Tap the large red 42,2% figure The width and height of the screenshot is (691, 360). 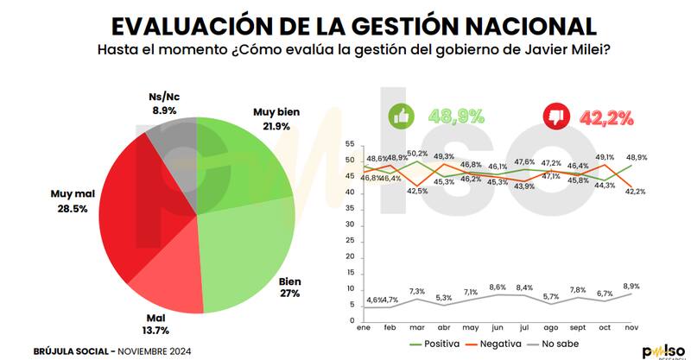pos(604,116)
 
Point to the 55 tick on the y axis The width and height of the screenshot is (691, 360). pos(350,143)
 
